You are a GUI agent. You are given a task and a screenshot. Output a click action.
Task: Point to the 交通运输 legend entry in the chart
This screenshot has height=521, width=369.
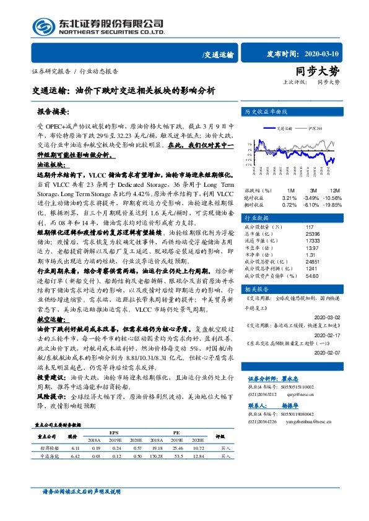coord(284,129)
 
